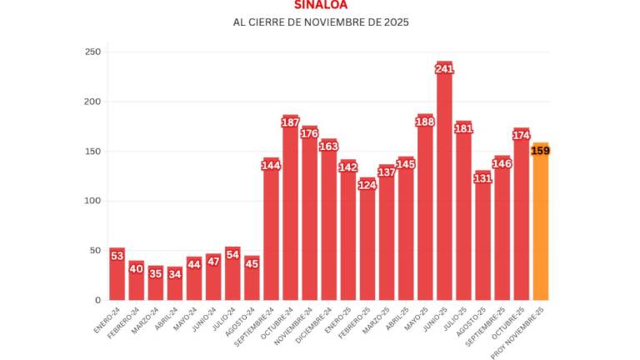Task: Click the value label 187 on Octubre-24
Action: pyautogui.click(x=290, y=122)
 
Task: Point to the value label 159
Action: pyautogui.click(x=540, y=151)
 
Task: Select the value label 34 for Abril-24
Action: pyautogui.click(x=175, y=272)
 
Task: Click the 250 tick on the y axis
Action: pyautogui.click(x=92, y=52)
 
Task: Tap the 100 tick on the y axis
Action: pyautogui.click(x=92, y=201)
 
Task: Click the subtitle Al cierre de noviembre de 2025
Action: pyautogui.click(x=321, y=22)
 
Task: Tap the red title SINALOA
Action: pyautogui.click(x=321, y=4)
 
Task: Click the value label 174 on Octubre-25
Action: pyautogui.click(x=522, y=135)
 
